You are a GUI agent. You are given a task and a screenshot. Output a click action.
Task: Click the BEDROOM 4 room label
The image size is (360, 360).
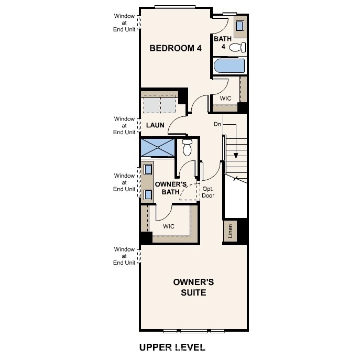pyautogui.click(x=176, y=48)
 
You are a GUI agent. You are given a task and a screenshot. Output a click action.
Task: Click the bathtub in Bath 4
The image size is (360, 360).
pyautogui.click(x=230, y=67)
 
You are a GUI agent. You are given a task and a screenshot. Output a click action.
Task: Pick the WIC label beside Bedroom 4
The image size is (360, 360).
pyautogui.click(x=225, y=98)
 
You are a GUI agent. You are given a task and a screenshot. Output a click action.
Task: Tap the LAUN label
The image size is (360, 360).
pyautogui.click(x=155, y=125)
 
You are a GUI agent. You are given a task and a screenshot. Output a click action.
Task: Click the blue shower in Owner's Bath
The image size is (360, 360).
pyautogui.click(x=157, y=147)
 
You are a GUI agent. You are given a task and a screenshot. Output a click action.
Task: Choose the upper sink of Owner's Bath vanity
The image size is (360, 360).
pyautogui.click(x=148, y=169)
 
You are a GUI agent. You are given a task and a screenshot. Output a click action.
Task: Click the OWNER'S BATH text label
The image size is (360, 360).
pyautogui.click(x=171, y=188)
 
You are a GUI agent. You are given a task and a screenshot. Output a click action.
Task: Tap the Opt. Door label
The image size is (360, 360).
pyautogui.click(x=208, y=192)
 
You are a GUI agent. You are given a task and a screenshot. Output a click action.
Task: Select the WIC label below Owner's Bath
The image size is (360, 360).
pyautogui.click(x=168, y=226)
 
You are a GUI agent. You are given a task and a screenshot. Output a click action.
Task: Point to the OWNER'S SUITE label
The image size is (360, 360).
pyautogui.click(x=193, y=287)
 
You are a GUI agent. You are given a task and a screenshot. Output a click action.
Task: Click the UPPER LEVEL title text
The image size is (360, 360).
pyautogui.click(x=172, y=347)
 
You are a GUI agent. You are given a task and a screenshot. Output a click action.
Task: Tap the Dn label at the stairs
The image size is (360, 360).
pyautogui.click(x=217, y=124)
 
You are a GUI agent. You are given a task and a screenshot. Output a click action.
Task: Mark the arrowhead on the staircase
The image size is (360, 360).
pyautogui.click(x=236, y=155)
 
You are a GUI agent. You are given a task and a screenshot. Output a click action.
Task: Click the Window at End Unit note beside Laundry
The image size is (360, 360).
pyautogui.click(x=124, y=126)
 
